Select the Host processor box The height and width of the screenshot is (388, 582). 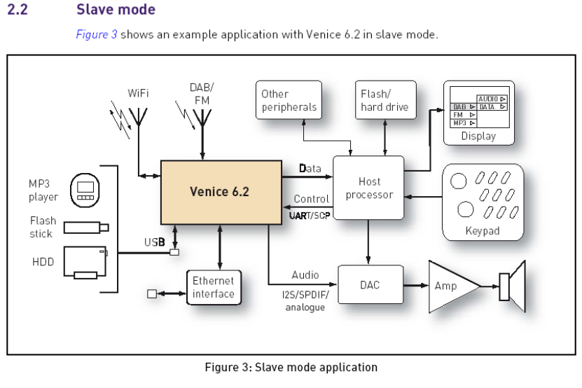pos(369,188)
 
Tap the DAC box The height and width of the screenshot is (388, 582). pos(370,285)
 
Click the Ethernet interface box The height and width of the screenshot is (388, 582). pos(214,287)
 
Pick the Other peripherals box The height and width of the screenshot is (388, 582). pos(289,100)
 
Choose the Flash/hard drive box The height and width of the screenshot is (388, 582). pos(384,100)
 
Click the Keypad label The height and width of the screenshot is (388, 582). pos(483,230)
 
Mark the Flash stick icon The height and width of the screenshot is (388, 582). pos(86,228)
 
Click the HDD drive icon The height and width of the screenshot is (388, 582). pos(85,261)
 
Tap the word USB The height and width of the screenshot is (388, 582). pos(154,242)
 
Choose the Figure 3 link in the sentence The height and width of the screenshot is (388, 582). pos(97,34)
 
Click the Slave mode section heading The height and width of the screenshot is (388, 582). pos(116,10)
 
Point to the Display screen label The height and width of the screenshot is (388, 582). pos(478,136)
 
